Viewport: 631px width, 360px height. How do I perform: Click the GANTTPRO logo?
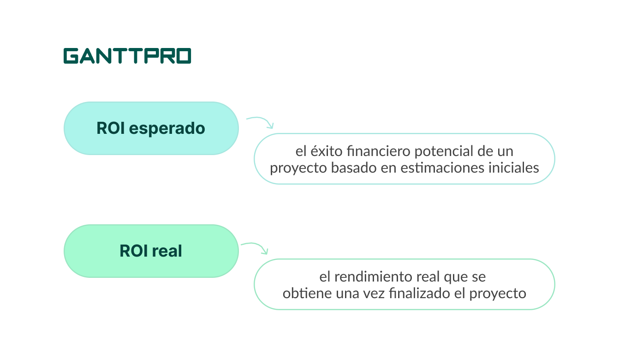click(127, 56)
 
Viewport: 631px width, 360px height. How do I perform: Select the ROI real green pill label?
click(151, 251)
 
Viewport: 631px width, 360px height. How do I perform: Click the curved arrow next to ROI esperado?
click(261, 122)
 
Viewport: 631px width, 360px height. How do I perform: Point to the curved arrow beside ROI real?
click(255, 247)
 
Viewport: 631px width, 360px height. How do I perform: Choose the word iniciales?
click(514, 168)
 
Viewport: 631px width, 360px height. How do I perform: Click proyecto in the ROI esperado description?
click(298, 168)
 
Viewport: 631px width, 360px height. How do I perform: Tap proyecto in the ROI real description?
click(498, 293)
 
